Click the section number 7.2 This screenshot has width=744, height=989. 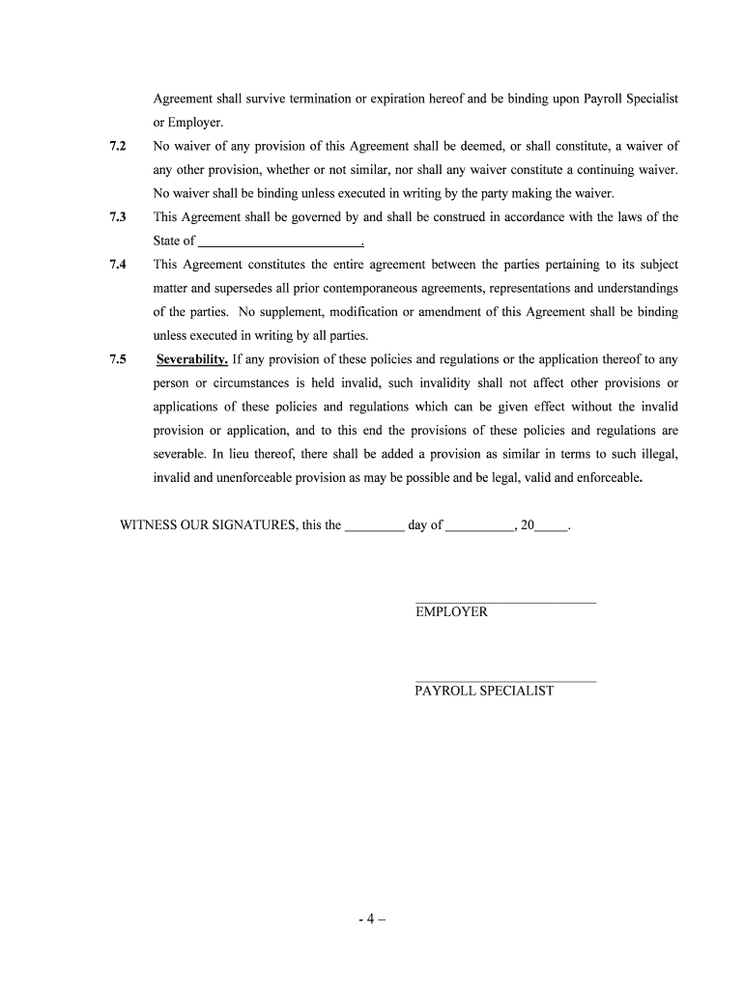point(118,146)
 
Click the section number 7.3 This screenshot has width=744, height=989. point(118,217)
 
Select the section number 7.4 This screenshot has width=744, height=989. point(118,265)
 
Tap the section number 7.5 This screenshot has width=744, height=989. point(118,359)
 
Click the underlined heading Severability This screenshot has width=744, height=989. point(192,359)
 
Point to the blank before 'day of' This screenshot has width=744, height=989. point(374,526)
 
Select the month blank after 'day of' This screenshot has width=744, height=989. point(479,526)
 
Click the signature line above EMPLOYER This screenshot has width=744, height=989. point(505,602)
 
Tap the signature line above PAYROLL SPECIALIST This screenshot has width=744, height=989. point(505,681)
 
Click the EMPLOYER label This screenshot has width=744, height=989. point(451,612)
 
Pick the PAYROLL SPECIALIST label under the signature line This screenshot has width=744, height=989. point(484,692)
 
